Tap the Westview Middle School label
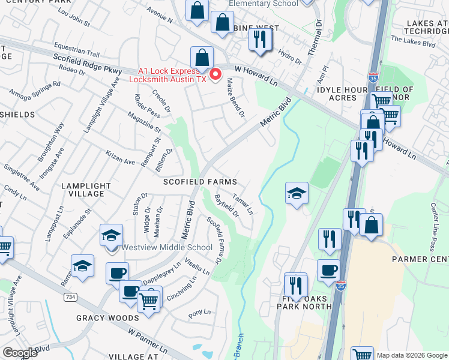pyautogui.click(x=167, y=247)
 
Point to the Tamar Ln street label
pyautogui.click(x=243, y=205)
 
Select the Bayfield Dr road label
pyautogui.click(x=226, y=205)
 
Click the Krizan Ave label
pyautogui.click(x=121, y=161)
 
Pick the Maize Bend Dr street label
pyautogui.click(x=235, y=100)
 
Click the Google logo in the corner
pyautogui.click(x=20, y=353)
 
